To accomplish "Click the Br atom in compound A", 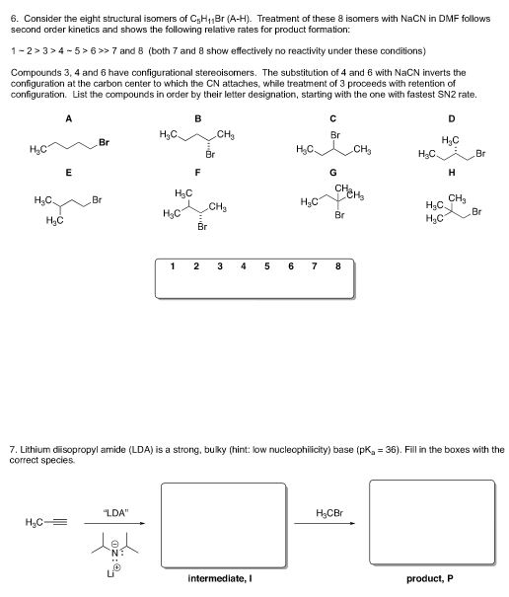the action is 104,143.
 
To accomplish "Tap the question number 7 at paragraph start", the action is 10,449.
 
